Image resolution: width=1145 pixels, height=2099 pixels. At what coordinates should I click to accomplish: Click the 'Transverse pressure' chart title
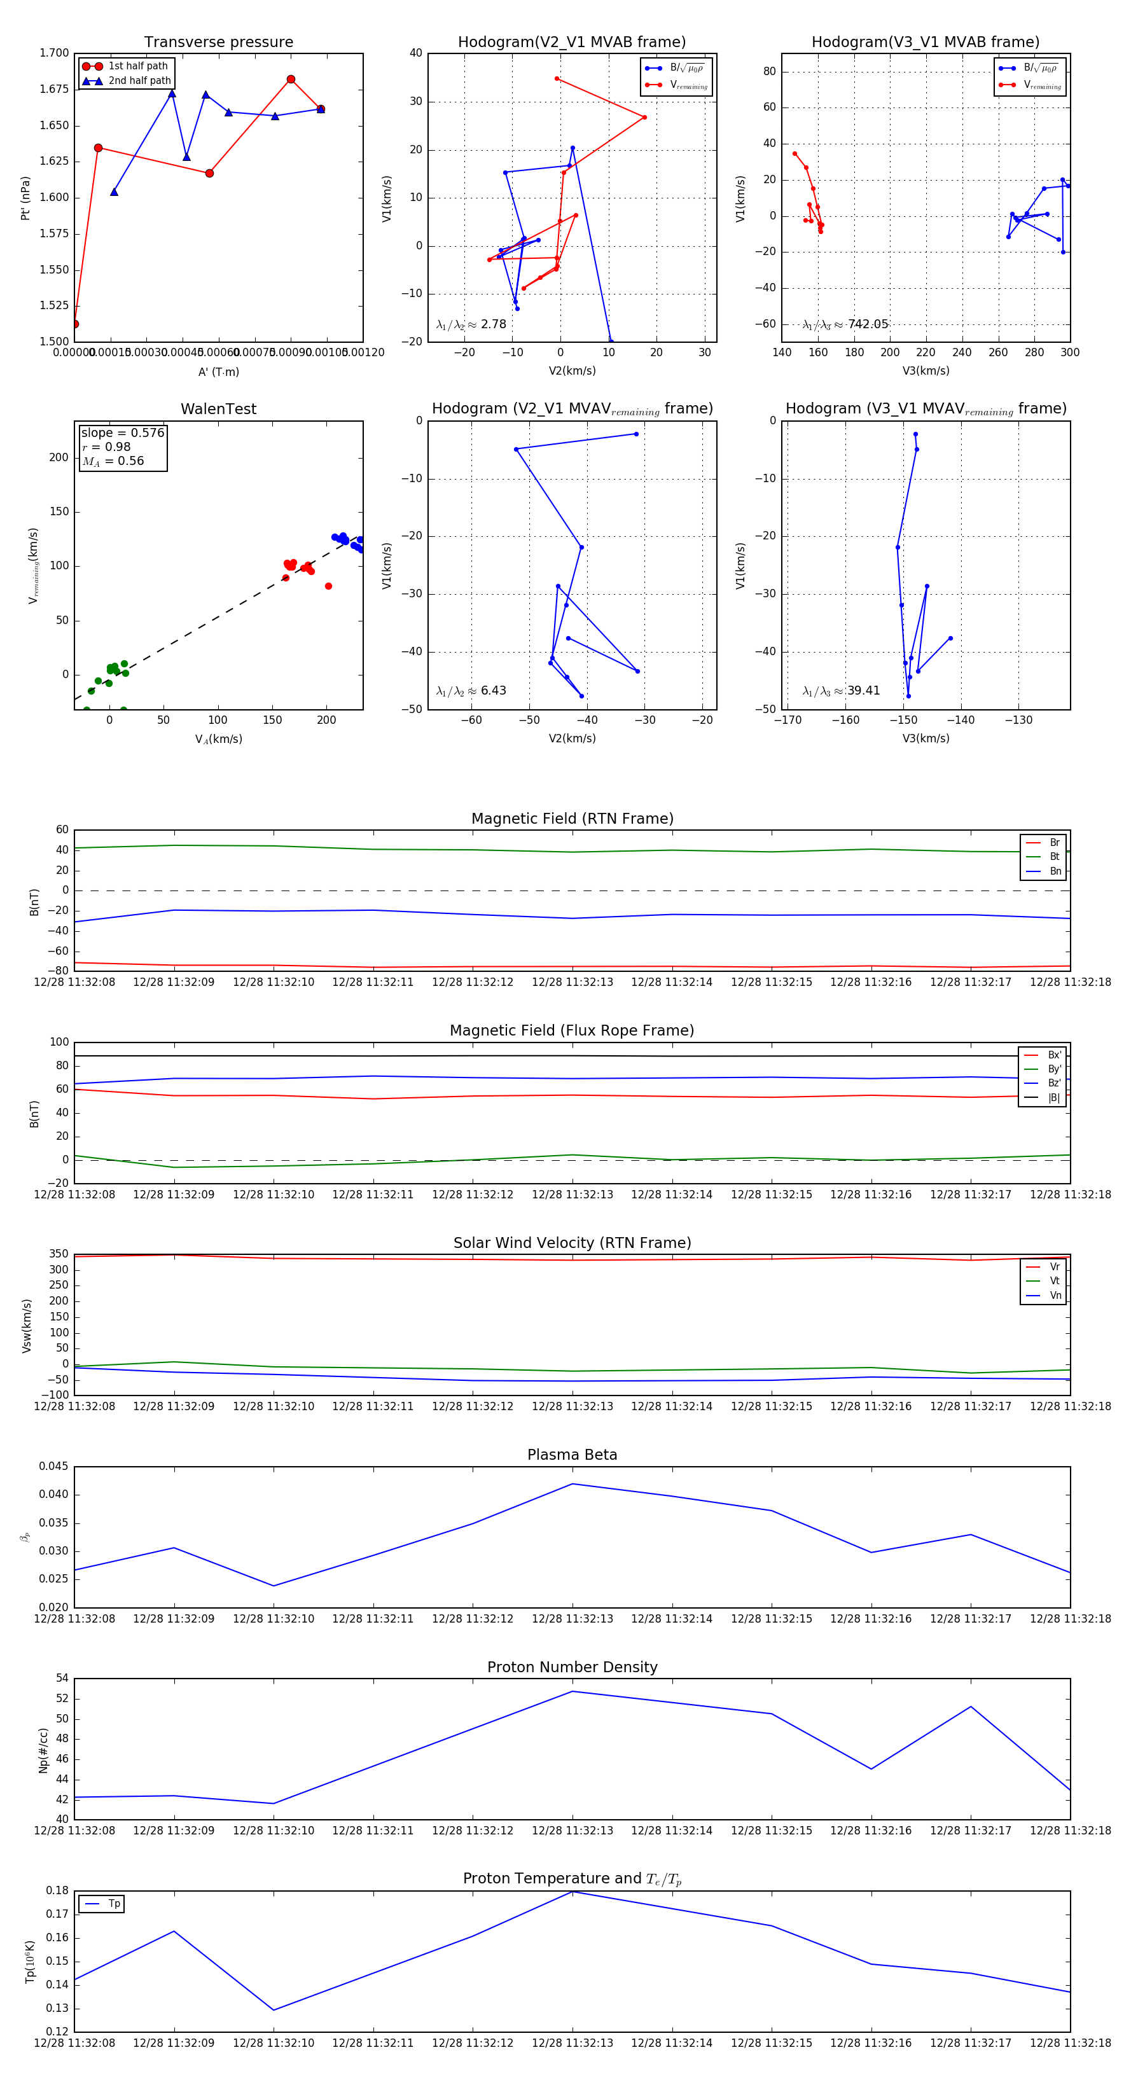click(x=218, y=43)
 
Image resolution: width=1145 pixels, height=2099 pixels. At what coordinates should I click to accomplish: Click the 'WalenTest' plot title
click(x=218, y=409)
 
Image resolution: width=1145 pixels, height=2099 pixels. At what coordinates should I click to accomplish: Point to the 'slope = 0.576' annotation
click(x=122, y=433)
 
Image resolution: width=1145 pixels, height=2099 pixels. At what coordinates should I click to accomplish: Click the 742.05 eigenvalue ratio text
click(x=867, y=324)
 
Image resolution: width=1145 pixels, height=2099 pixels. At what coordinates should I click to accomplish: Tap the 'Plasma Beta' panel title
click(x=572, y=1455)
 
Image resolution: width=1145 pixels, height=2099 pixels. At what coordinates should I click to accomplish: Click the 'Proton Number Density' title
click(x=572, y=1667)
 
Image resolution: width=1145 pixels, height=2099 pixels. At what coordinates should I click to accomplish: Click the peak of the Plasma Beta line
click(x=572, y=1484)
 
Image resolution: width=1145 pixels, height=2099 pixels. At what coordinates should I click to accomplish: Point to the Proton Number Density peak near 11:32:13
click(x=572, y=1691)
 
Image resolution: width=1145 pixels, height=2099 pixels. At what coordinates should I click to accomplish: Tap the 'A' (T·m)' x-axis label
click(x=218, y=371)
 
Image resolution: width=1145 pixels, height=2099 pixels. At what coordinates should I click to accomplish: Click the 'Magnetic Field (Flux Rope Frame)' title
click(x=572, y=1031)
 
